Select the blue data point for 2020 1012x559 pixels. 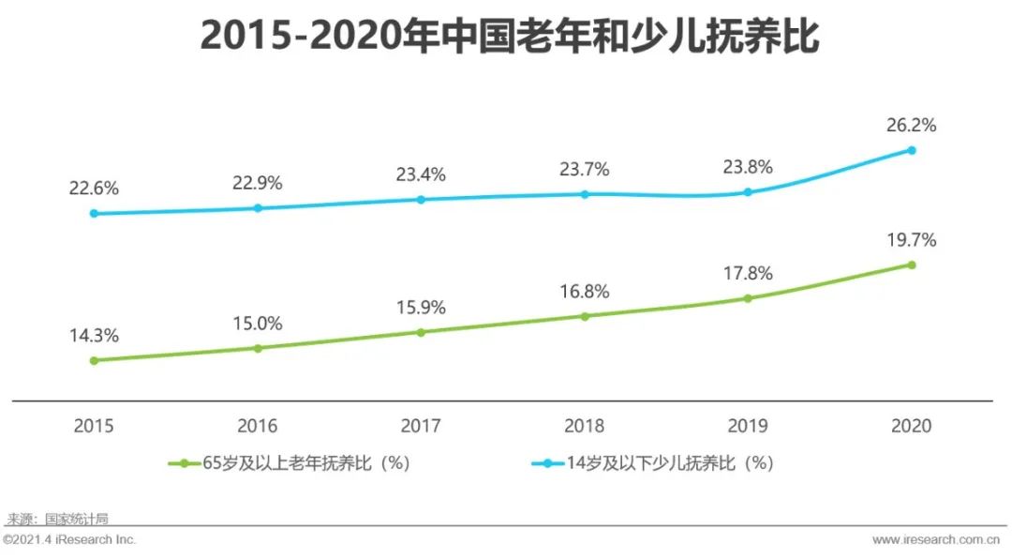click(911, 150)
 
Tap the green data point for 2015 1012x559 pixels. click(94, 360)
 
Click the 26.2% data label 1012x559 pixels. click(911, 126)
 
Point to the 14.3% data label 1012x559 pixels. click(94, 336)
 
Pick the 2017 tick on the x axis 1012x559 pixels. click(421, 426)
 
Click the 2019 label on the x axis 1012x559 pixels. click(748, 426)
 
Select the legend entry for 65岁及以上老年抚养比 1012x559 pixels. click(290, 463)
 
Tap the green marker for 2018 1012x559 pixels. click(585, 316)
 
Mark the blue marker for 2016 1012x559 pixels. click(258, 207)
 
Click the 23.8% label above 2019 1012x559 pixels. click(748, 168)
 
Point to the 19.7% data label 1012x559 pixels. click(911, 240)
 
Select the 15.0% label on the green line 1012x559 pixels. click(258, 324)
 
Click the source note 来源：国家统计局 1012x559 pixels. click(58, 518)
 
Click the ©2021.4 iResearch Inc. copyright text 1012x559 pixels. click(70, 540)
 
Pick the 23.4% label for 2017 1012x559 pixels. click(421, 174)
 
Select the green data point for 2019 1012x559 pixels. click(748, 298)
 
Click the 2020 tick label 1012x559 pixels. click(911, 426)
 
